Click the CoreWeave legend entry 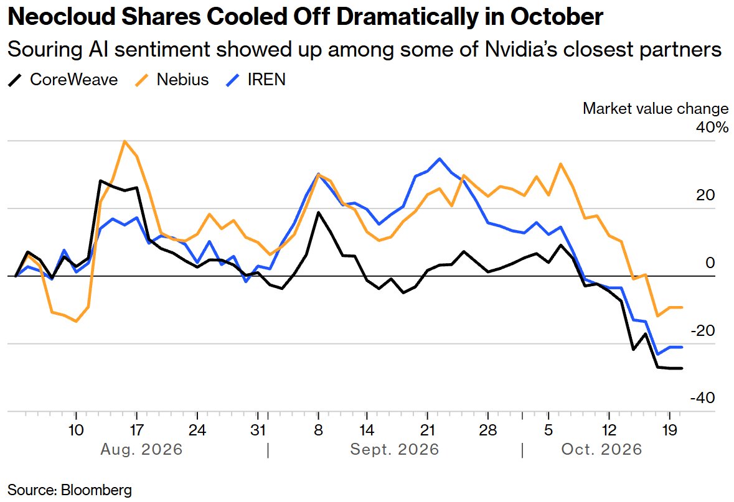point(63,80)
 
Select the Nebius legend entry point(171,80)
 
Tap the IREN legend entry point(255,80)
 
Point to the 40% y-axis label point(712,128)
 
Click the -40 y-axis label point(703,398)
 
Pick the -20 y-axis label point(703,331)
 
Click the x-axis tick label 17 point(136,429)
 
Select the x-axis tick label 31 point(258,429)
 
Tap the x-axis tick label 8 point(318,429)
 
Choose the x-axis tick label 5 point(548,429)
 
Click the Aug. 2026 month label point(141,450)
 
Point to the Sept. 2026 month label point(395,450)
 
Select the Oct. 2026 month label point(601,450)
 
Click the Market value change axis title point(656,108)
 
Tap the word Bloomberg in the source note point(96,490)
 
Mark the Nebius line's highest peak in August point(124,141)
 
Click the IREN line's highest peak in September point(439,159)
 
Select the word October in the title point(557,17)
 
